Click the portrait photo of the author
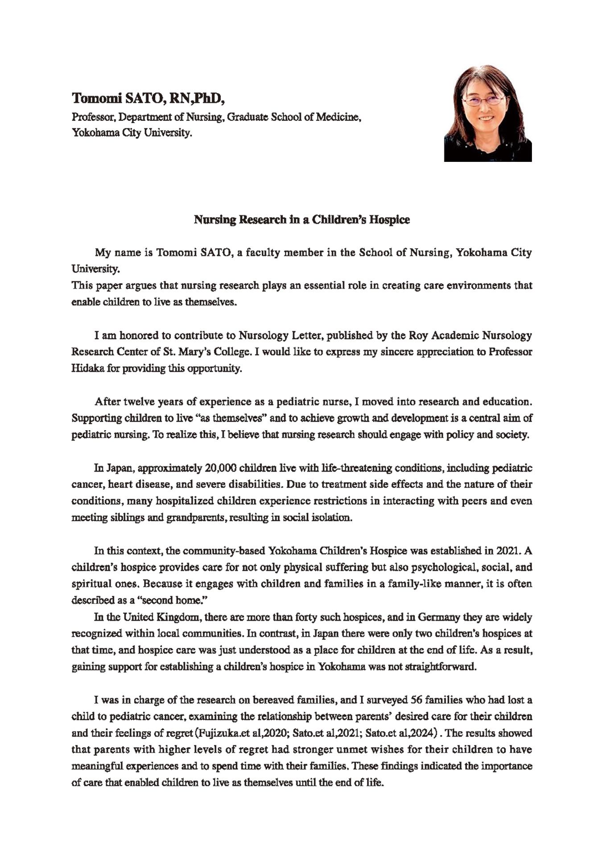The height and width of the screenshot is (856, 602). [x=487, y=113]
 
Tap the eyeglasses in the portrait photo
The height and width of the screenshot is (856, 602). [x=484, y=99]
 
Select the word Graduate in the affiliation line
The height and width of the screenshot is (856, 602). [x=251, y=117]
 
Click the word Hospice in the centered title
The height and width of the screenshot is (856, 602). [x=390, y=220]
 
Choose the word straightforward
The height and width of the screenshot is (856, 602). [x=437, y=667]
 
